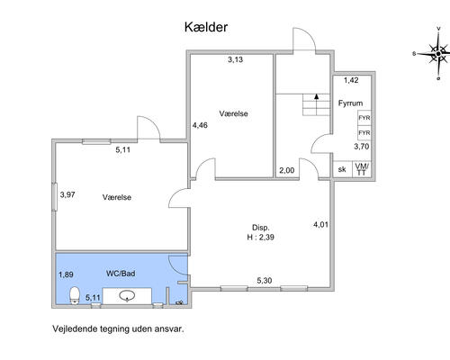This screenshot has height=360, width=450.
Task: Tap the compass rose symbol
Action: coord(437,57)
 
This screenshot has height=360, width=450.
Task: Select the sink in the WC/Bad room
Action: coord(128,296)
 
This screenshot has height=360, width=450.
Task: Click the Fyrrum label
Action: coord(350,103)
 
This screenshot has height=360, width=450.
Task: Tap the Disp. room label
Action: coord(260,228)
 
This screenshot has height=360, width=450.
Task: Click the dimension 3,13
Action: coord(235,60)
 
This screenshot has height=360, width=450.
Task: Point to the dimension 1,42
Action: coord(351,80)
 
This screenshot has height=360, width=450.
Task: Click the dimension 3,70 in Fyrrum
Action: coord(361,147)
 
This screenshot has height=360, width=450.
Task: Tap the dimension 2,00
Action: coord(286,171)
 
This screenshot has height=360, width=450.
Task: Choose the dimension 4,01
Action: coord(320,223)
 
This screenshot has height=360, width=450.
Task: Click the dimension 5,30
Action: coord(265,281)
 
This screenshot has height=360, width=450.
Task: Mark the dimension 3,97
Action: coord(67,194)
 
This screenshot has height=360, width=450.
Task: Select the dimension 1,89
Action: coord(66,274)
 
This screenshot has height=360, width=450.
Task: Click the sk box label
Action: coord(342,169)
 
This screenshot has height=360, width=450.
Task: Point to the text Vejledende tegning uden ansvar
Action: coord(118,329)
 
